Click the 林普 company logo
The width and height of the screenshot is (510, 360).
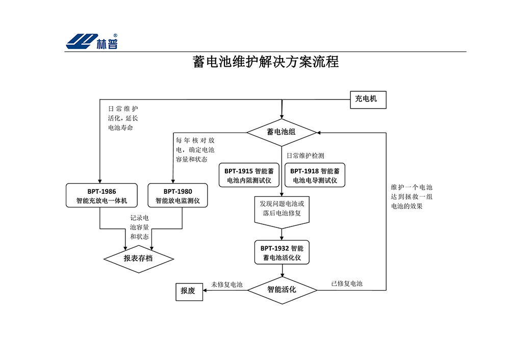click(92, 41)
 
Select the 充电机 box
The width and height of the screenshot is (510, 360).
click(367, 99)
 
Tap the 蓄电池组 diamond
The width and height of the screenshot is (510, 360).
click(282, 132)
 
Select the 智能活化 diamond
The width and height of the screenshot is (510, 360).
click(282, 290)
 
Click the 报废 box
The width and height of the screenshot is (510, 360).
click(188, 291)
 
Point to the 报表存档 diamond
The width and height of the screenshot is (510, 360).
click(138, 258)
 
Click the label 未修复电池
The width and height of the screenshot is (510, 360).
click(227, 284)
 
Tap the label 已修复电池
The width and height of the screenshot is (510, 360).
click(347, 284)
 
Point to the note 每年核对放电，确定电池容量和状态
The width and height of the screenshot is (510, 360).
click(195, 150)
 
